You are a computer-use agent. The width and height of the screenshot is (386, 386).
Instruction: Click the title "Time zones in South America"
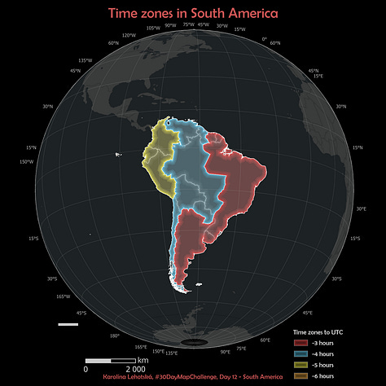pos(193,14)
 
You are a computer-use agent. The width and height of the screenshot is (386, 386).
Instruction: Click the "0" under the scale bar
pos(86,369)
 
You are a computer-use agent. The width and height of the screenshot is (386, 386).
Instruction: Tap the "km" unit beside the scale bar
pos(143,360)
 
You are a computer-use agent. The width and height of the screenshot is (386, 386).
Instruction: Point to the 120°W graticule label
pos(129,36)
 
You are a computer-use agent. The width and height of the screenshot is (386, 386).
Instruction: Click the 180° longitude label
pos(114,336)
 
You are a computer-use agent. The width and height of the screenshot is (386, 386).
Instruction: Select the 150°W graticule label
pos(25,161)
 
